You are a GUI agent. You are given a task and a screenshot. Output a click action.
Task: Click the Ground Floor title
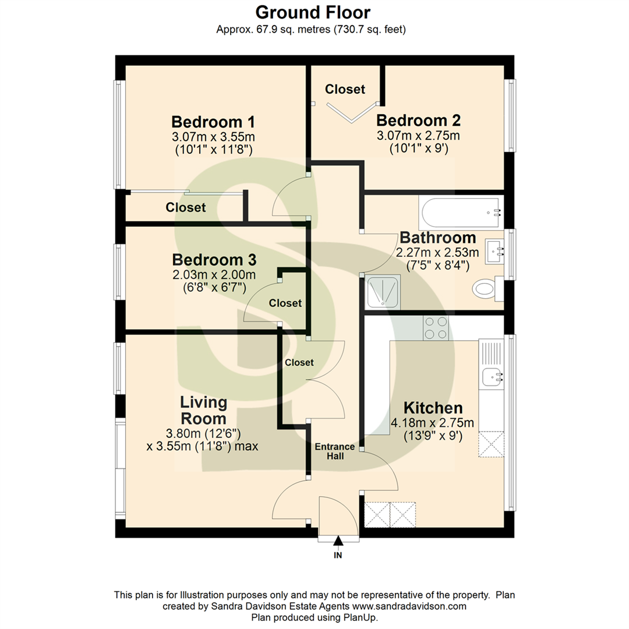click(x=314, y=12)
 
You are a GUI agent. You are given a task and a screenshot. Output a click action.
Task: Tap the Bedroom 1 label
click(x=213, y=122)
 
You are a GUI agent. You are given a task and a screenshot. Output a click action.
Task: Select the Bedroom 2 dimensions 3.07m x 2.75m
click(x=418, y=136)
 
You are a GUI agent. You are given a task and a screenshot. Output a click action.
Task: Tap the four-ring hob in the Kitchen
click(x=436, y=327)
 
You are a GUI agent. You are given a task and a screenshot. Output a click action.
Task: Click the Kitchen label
click(x=433, y=408)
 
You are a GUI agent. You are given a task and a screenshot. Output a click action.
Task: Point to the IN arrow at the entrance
click(x=338, y=545)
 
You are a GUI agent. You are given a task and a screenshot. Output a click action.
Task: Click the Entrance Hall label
click(x=335, y=451)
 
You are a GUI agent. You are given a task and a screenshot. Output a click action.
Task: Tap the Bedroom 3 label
click(x=214, y=259)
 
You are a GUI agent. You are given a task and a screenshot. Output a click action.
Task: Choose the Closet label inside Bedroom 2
click(x=345, y=89)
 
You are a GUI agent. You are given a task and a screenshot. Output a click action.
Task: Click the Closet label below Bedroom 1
click(x=185, y=207)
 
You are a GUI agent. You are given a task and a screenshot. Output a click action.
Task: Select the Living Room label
click(x=203, y=410)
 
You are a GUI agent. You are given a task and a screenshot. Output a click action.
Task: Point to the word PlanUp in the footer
click(x=362, y=617)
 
